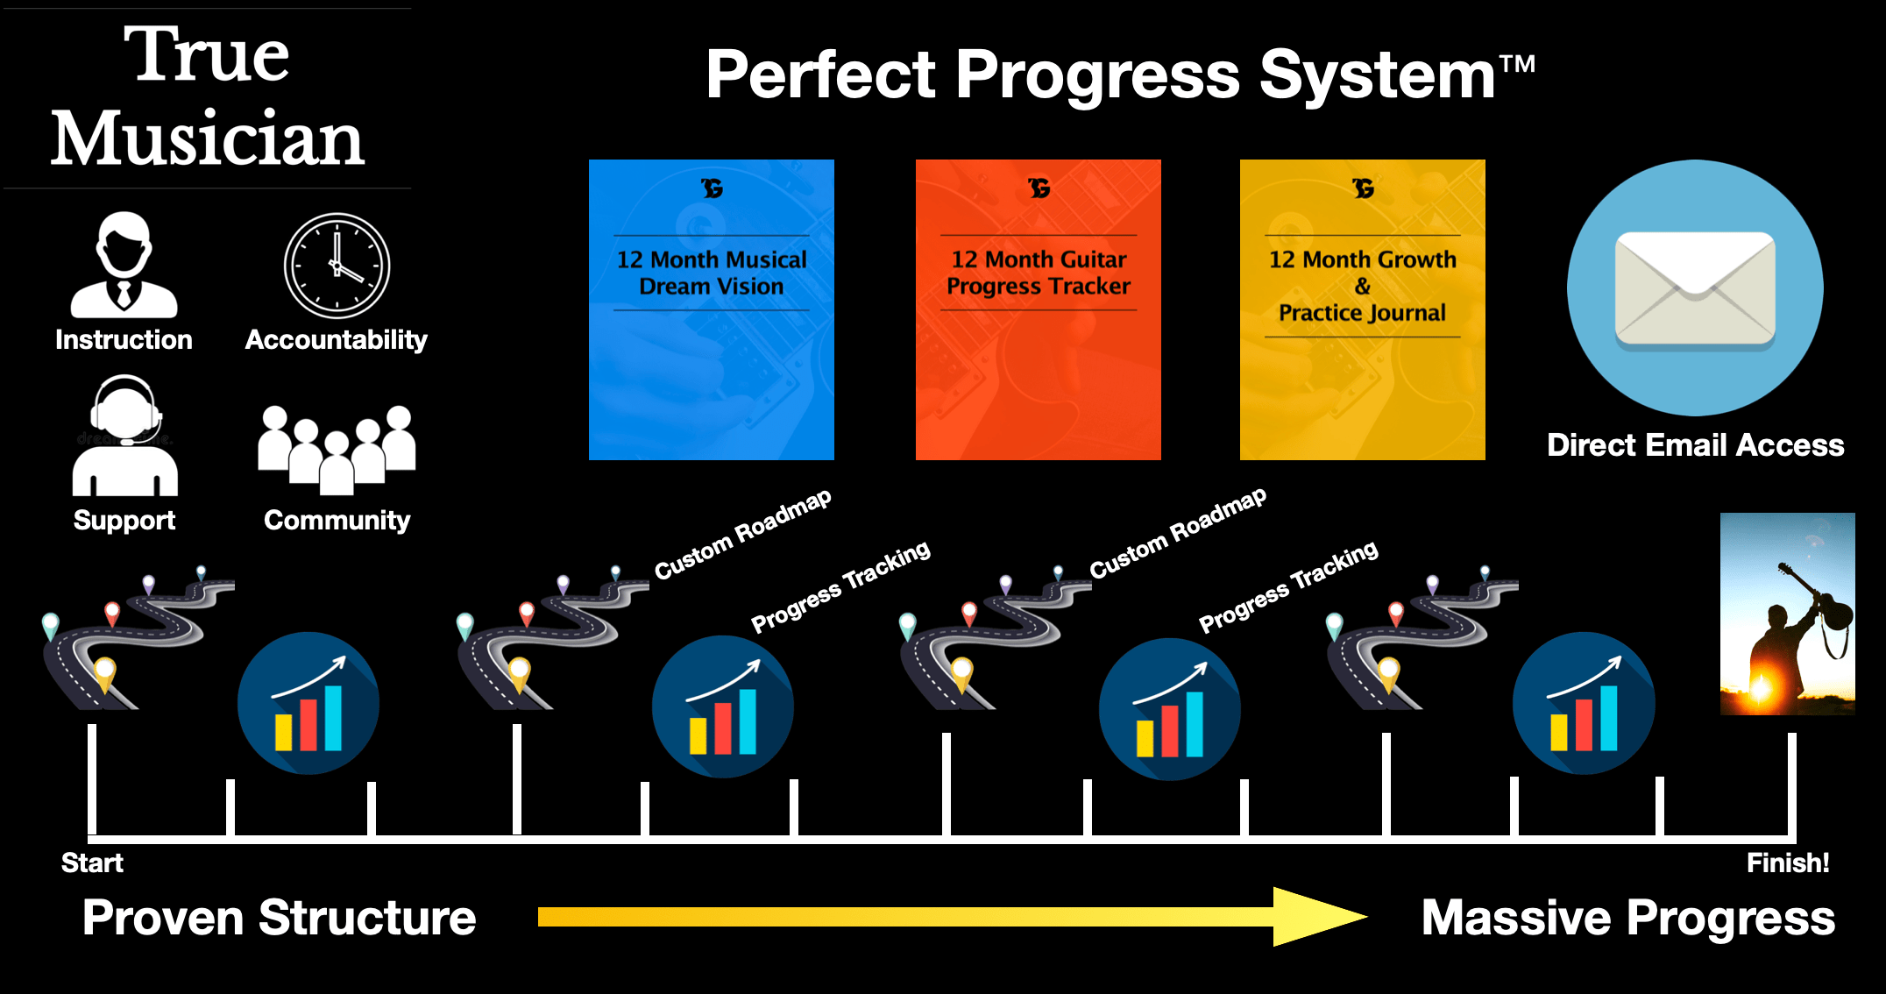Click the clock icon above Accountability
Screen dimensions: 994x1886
point(337,266)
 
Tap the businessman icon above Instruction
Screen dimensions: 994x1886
point(124,266)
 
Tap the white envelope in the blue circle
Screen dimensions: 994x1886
point(1695,288)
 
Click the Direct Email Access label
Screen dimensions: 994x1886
point(1695,445)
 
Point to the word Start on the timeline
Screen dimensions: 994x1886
point(92,863)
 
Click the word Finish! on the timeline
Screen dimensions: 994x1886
point(1788,863)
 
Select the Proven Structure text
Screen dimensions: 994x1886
point(279,918)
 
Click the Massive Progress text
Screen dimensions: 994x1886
point(1627,918)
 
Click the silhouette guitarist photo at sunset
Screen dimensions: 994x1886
point(1787,614)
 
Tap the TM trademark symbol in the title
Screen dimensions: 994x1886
point(1517,64)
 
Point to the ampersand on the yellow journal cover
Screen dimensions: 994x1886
point(1362,286)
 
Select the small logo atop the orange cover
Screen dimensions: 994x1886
point(1039,188)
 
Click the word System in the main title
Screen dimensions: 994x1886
point(1377,75)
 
